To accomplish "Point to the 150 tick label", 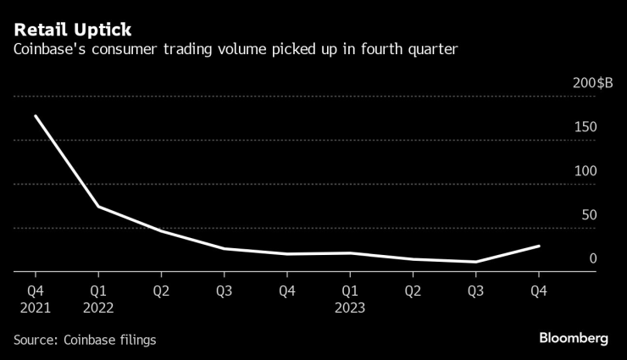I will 585,127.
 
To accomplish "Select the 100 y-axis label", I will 585,170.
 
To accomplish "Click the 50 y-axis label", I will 589,214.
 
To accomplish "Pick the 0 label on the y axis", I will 593,258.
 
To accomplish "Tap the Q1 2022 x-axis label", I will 98,298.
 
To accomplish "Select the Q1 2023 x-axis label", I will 349,298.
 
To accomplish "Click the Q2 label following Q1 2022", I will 161,291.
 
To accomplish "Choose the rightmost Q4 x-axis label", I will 537,291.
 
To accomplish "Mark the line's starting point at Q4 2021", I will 35,116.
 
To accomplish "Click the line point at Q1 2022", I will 98,207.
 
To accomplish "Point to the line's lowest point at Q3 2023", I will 474,262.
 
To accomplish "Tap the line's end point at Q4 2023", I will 538,246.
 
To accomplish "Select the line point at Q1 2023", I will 349,252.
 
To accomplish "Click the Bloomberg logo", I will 574,338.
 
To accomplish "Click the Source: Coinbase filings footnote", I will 85,339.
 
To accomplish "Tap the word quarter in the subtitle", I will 432,51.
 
